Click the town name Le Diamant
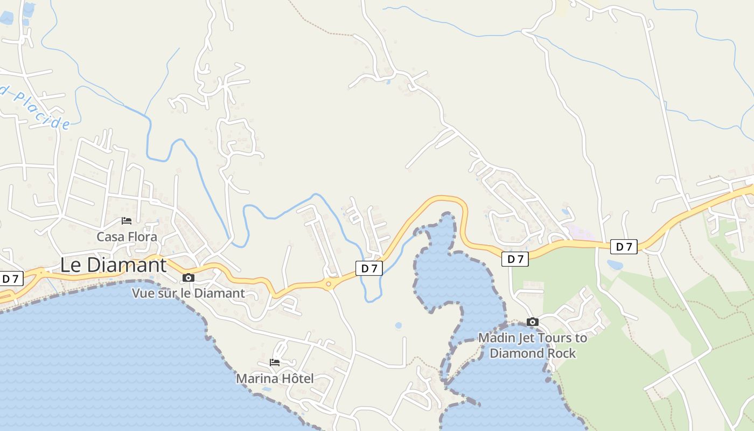click(x=113, y=265)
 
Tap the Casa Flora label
click(x=127, y=237)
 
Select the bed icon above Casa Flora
click(x=127, y=221)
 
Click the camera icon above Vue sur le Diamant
click(x=188, y=278)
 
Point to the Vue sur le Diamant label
click(x=188, y=294)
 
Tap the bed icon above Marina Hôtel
click(x=275, y=363)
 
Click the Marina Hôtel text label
click(x=275, y=379)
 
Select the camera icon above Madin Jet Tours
click(x=533, y=322)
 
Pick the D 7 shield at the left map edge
click(x=11, y=279)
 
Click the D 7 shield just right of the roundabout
click(x=369, y=268)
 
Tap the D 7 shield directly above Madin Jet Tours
click(x=515, y=259)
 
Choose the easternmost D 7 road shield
click(x=624, y=247)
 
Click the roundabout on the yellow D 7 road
click(x=328, y=283)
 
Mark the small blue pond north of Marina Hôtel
click(x=398, y=325)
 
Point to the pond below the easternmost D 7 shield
click(x=615, y=265)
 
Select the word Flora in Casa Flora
click(x=142, y=237)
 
